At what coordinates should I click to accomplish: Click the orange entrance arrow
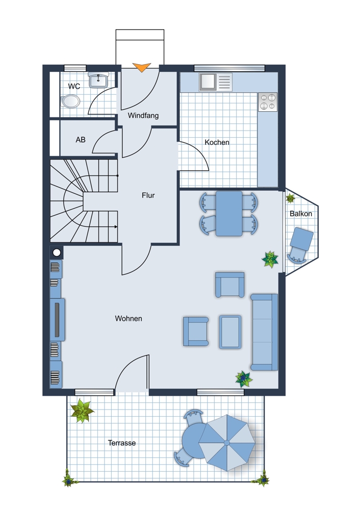[x=142, y=67]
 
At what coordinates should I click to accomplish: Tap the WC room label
[x=74, y=86]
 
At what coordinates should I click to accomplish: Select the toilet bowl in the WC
[x=70, y=101]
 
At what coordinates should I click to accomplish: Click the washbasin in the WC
[x=98, y=81]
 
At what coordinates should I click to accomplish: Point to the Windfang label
[x=143, y=115]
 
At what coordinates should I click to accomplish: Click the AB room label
[x=81, y=140]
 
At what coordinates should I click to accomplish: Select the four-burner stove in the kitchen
[x=268, y=102]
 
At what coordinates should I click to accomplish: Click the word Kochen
[x=217, y=142]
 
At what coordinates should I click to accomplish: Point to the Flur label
[x=148, y=195]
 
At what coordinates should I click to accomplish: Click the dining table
[x=229, y=213]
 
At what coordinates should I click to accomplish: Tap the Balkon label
[x=301, y=214]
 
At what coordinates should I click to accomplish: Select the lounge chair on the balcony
[x=300, y=245]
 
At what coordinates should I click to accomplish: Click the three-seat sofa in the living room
[x=264, y=332]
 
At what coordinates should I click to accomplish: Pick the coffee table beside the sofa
[x=230, y=332]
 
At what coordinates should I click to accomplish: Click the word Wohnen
[x=128, y=318]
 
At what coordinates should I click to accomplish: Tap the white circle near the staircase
[x=57, y=252]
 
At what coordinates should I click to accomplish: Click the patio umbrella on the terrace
[x=227, y=443]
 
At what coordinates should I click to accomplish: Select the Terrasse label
[x=122, y=443]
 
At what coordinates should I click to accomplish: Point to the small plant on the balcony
[x=290, y=198]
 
